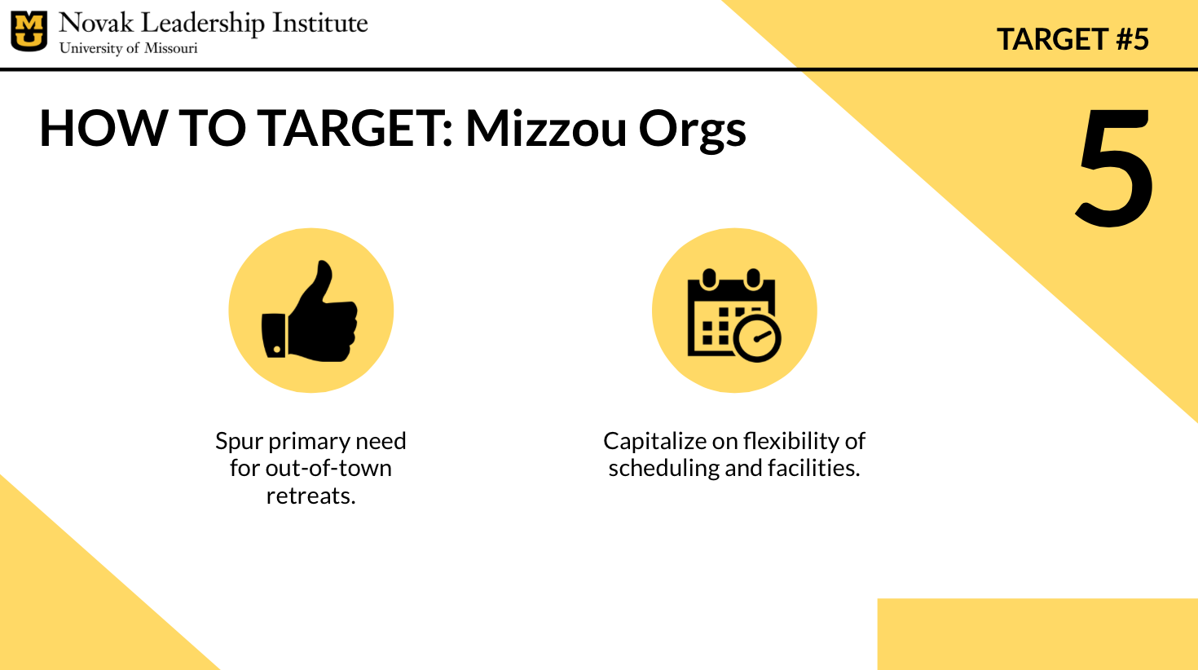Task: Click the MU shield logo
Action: point(29,31)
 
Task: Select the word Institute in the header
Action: point(319,24)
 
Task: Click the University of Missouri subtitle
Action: point(129,48)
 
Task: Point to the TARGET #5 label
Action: point(1072,39)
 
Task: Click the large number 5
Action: point(1115,166)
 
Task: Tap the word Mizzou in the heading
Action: point(545,128)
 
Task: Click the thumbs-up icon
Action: point(310,311)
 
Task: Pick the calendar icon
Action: point(733,315)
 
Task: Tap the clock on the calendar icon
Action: point(757,338)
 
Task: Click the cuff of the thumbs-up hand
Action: point(274,335)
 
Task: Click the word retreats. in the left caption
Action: point(311,496)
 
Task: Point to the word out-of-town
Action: point(328,469)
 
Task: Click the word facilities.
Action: point(814,469)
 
